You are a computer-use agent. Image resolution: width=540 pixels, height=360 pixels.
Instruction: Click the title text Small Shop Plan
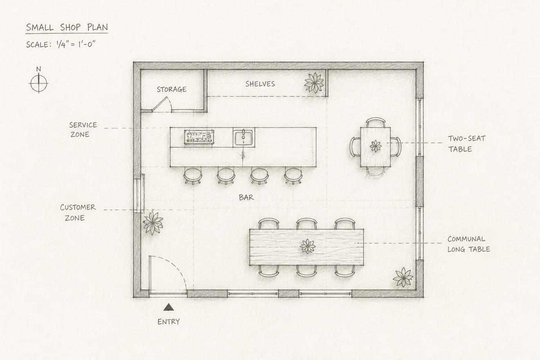(67, 27)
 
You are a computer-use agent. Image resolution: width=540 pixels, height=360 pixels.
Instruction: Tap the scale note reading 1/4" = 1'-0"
(76, 44)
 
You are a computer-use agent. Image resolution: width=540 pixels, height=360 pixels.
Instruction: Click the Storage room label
(171, 90)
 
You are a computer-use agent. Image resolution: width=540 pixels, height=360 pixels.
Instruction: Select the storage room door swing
(162, 104)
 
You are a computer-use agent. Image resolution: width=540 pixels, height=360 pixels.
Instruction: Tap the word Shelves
(260, 84)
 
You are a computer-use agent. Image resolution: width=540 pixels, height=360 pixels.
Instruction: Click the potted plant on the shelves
(314, 83)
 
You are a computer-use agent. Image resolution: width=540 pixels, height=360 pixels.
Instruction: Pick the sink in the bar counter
(243, 137)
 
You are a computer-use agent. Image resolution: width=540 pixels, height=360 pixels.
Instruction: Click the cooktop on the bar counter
(199, 137)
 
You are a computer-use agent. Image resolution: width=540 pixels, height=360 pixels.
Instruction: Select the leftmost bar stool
(193, 176)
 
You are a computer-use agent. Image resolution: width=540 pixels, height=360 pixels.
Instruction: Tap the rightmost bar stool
(293, 176)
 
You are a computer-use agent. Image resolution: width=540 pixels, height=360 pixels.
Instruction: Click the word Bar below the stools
(246, 198)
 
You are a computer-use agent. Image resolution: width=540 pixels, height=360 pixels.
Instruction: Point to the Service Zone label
(83, 130)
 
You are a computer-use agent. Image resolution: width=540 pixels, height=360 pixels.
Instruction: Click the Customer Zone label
(77, 212)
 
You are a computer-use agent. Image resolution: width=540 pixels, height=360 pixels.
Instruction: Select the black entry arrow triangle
(169, 307)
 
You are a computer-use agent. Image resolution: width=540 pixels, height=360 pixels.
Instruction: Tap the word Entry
(168, 322)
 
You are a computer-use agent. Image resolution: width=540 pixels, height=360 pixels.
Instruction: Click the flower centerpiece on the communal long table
(308, 246)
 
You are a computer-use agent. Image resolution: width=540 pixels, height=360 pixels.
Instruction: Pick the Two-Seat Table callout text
(467, 144)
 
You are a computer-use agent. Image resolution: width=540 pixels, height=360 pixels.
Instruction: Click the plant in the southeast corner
(403, 277)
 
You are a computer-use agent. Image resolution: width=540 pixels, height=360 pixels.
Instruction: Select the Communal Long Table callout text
(468, 244)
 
